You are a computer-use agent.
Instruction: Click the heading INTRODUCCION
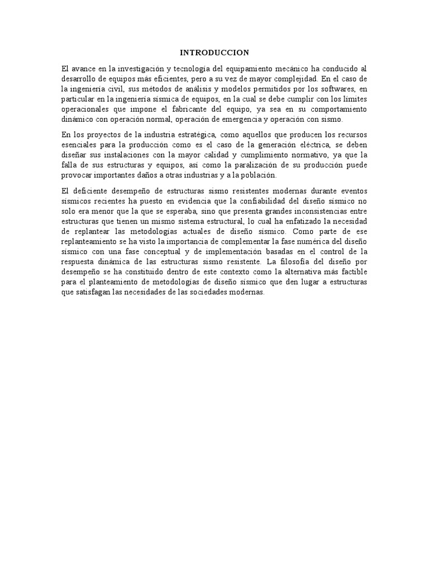(214, 53)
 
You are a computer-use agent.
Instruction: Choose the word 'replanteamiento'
(89, 241)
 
